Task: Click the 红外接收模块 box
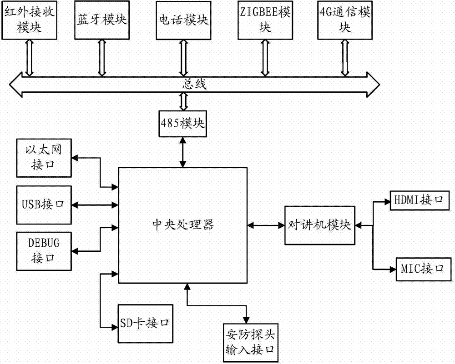30,20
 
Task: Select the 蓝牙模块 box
101,20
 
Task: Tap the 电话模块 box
184,20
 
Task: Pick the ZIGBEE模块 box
264,20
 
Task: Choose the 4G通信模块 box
344,20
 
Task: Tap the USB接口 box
43,204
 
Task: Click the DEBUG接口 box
43,250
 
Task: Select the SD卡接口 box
145,323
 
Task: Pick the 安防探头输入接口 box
251,343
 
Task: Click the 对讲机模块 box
320,224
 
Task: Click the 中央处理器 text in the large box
183,224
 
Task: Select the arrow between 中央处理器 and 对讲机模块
267,224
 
